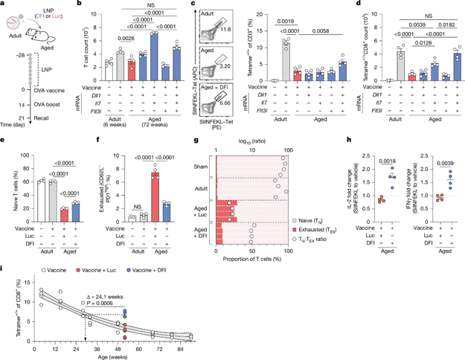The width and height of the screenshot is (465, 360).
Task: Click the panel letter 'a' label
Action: pyautogui.click(x=4, y=5)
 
